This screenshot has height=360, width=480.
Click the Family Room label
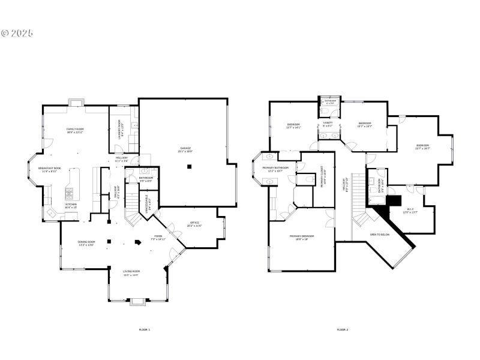coord(75,131)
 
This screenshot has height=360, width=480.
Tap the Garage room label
coord(185,149)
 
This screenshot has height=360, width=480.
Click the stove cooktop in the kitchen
coord(69,193)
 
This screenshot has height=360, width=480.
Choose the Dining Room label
coord(86,244)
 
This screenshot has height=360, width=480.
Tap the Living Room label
coord(131,274)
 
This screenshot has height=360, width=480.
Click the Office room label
coord(194,225)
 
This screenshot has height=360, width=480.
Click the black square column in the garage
coord(189,166)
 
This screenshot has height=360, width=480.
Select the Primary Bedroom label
coord(302,238)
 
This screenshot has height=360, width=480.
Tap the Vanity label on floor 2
coord(327,124)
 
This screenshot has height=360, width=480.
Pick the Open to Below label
coord(380,235)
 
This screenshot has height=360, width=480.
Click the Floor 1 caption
coord(144,329)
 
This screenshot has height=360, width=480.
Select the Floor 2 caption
coord(342,329)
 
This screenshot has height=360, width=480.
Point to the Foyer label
coord(157,238)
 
